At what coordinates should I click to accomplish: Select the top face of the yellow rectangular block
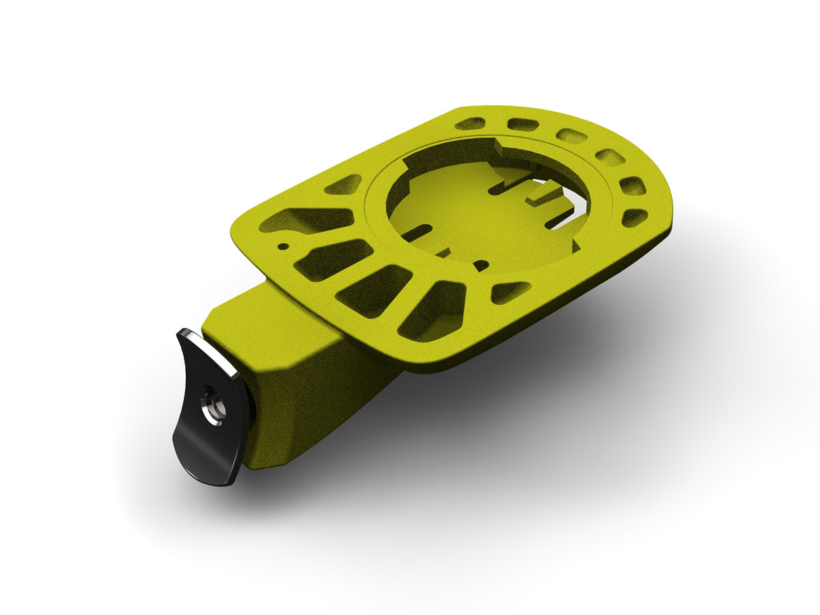pyautogui.click(x=273, y=328)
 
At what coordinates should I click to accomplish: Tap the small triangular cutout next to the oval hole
pyautogui.click(x=510, y=291)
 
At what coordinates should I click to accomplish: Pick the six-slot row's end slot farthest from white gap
pyautogui.click(x=470, y=124)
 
